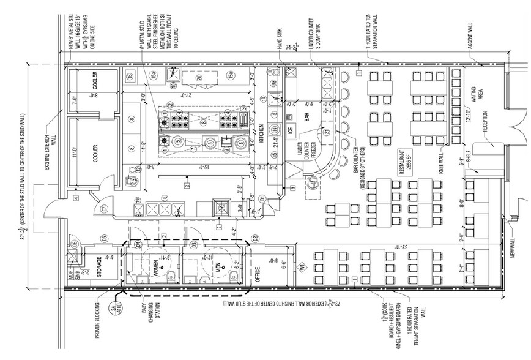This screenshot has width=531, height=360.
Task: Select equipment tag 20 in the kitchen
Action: [x=199, y=78]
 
